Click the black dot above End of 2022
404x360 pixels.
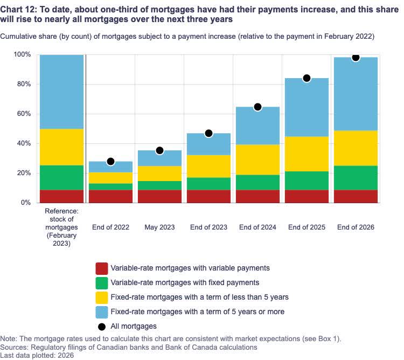(110, 161)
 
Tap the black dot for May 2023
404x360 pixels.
(159, 150)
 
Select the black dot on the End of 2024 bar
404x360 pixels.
(257, 107)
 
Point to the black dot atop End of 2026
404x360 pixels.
(356, 57)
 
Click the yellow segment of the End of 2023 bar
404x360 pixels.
(208, 166)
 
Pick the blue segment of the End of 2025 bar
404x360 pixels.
(307, 107)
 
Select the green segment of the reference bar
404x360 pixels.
(62, 177)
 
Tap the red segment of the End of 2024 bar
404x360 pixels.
(257, 196)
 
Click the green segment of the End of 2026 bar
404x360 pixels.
(356, 178)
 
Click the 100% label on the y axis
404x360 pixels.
(23, 55)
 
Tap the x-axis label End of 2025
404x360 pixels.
(307, 227)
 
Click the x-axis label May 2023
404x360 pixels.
(159, 227)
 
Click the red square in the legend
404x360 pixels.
(101, 268)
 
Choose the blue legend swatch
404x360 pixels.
(101, 311)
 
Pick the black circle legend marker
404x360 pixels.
(101, 326)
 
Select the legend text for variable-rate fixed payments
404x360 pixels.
(185, 282)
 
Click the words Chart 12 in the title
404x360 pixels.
(19, 7)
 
